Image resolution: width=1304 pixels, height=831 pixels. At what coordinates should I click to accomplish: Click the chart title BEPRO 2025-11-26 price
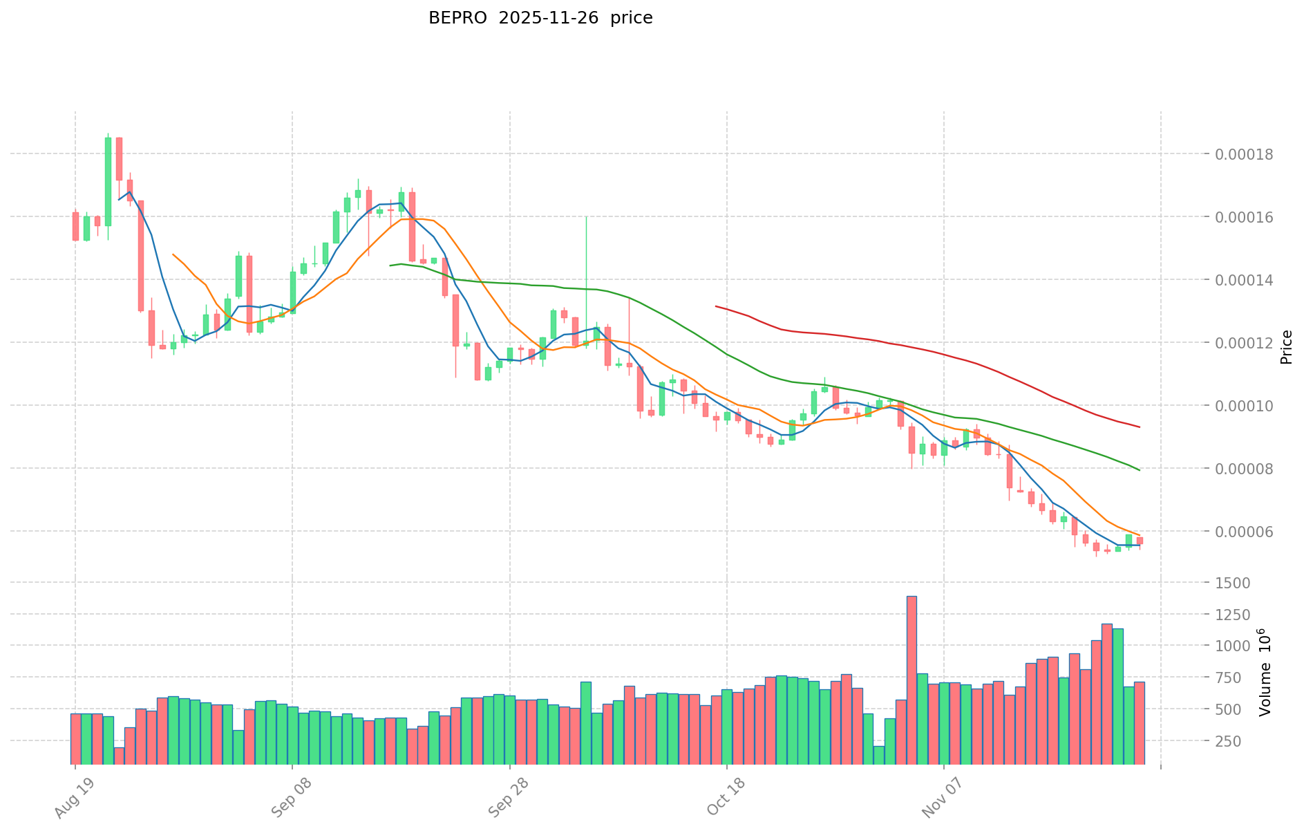[x=540, y=18]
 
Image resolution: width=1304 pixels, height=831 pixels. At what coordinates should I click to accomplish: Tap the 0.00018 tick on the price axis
[x=1248, y=154]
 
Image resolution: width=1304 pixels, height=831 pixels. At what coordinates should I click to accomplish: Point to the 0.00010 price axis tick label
[x=1248, y=406]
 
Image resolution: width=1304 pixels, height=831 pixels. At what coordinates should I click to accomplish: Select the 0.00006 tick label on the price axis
[x=1248, y=532]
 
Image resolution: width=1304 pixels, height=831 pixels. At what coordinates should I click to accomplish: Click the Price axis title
[x=1286, y=347]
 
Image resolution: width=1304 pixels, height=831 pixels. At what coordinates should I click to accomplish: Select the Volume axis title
[x=1264, y=672]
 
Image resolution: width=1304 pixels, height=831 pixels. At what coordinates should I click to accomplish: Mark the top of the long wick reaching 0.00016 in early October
[x=586, y=218]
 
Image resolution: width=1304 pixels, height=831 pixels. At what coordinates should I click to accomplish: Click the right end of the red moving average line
[x=1140, y=427]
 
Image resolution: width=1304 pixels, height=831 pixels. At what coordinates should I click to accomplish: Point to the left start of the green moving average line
[x=390, y=265]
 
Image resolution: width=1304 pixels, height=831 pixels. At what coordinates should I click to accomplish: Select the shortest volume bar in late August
[x=119, y=756]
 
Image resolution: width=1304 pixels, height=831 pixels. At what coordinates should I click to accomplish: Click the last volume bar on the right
[x=1140, y=722]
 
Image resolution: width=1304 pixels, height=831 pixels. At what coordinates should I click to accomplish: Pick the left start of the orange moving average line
[x=173, y=254]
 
